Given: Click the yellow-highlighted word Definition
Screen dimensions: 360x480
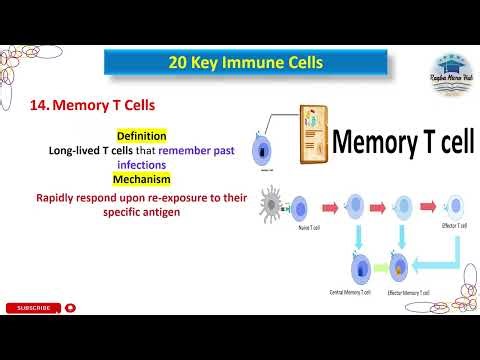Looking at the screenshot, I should [x=142, y=135].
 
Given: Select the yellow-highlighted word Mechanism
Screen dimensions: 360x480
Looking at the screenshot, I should [x=141, y=179].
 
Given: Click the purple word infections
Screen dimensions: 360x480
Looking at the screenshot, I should [x=141, y=165].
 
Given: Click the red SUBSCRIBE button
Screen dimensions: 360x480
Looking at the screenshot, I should [x=32, y=308].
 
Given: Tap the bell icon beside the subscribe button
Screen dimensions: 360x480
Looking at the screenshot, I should [x=70, y=308].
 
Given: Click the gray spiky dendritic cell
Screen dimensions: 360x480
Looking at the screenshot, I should [x=273, y=208].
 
